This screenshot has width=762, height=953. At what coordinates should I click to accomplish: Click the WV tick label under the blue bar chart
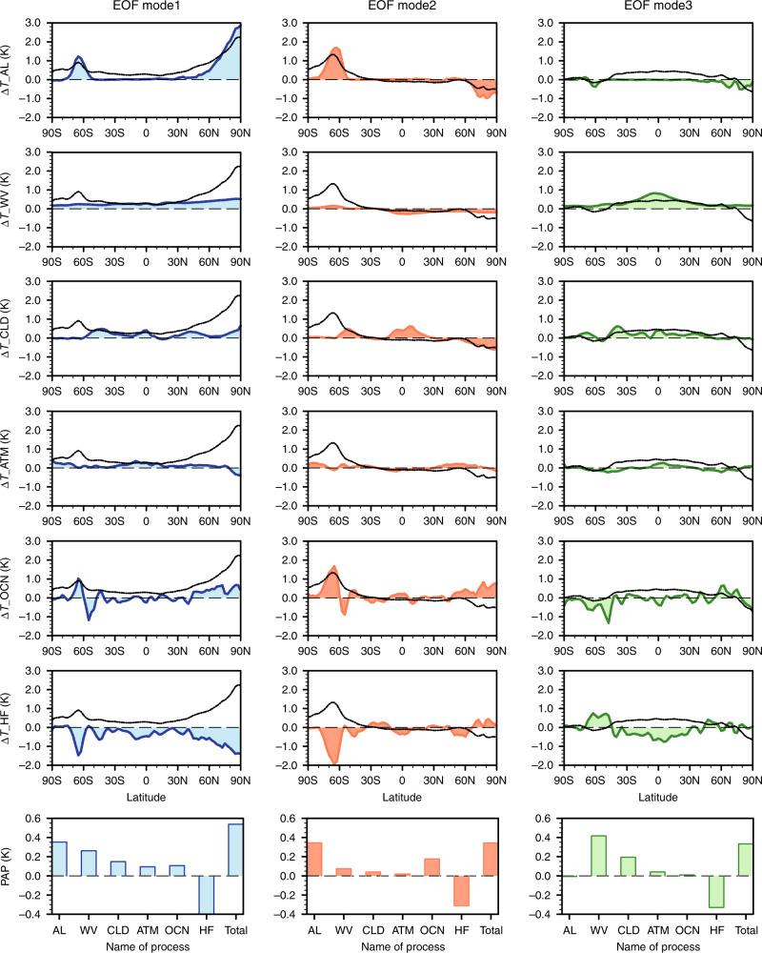tap(89, 928)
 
